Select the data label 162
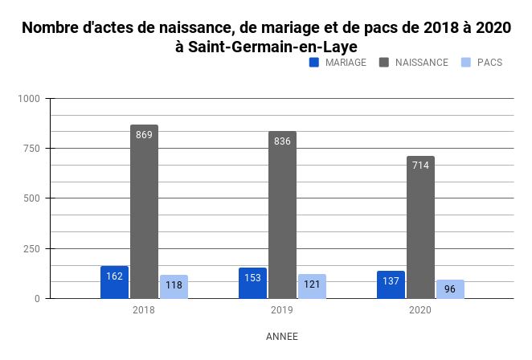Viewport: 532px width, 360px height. click(114, 276)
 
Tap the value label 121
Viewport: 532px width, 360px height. click(312, 284)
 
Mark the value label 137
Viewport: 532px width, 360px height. click(391, 281)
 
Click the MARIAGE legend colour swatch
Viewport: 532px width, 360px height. click(315, 62)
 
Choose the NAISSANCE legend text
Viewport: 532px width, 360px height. click(422, 62)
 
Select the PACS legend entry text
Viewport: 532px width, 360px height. click(489, 62)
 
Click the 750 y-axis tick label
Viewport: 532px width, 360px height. click(31, 149)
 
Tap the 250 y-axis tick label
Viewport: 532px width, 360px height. click(31, 248)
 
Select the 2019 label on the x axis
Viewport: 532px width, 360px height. click(282, 310)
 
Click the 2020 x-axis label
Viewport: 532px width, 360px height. click(420, 310)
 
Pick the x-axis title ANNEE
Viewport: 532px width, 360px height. click(281, 337)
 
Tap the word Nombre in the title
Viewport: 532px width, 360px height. click(51, 27)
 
